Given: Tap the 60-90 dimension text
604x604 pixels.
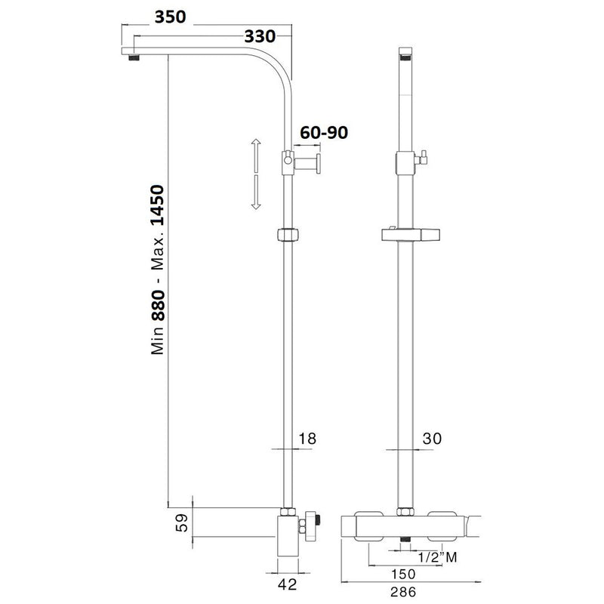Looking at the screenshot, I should (323, 134).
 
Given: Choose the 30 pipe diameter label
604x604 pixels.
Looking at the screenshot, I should (433, 437).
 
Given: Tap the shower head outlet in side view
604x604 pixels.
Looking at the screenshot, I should (134, 56).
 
